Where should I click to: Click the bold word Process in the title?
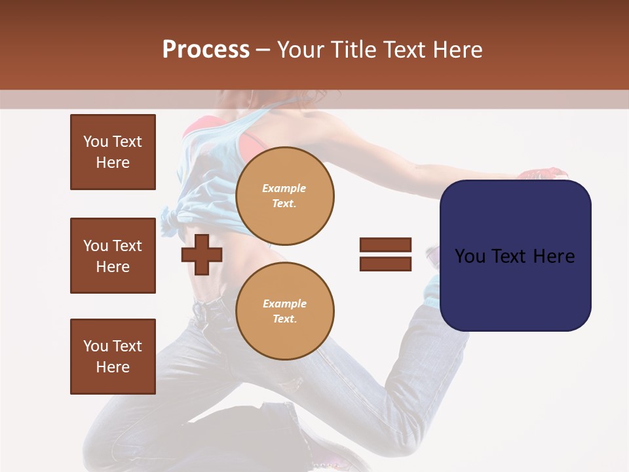[206, 50]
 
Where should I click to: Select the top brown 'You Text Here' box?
[113, 152]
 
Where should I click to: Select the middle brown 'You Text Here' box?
[113, 256]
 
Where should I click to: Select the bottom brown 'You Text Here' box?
[113, 357]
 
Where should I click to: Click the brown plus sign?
[202, 254]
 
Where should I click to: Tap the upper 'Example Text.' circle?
[284, 195]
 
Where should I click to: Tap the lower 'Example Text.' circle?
[284, 311]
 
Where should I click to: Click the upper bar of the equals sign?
[385, 245]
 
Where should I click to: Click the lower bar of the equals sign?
[385, 264]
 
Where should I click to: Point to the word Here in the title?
[456, 50]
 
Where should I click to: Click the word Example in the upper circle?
[284, 188]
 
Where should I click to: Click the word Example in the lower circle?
[284, 304]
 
